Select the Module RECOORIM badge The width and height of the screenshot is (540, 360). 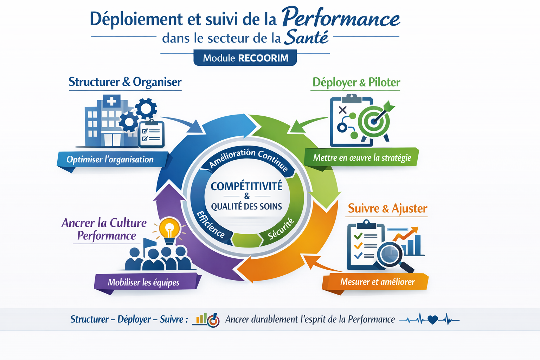coord(245,58)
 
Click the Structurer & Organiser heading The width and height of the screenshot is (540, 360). coord(125,82)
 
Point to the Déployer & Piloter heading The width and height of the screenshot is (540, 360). coord(356,83)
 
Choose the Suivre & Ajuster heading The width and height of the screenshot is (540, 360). coord(387,208)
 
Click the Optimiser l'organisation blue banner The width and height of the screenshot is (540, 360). coord(112,159)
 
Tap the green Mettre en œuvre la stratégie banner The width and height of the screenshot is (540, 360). coord(362,157)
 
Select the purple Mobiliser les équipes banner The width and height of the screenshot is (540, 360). coord(148,282)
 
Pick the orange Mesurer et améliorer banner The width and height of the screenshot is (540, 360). coord(375,281)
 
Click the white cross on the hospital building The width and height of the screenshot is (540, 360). coord(111,101)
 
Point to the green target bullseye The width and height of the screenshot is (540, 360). coord(373,121)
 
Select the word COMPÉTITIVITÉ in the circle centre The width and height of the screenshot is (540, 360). coord(246,186)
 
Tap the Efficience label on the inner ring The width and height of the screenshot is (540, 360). coord(211,224)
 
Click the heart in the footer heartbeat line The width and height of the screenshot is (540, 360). coord(432,320)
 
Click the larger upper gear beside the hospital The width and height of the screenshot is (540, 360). coord(146,109)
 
